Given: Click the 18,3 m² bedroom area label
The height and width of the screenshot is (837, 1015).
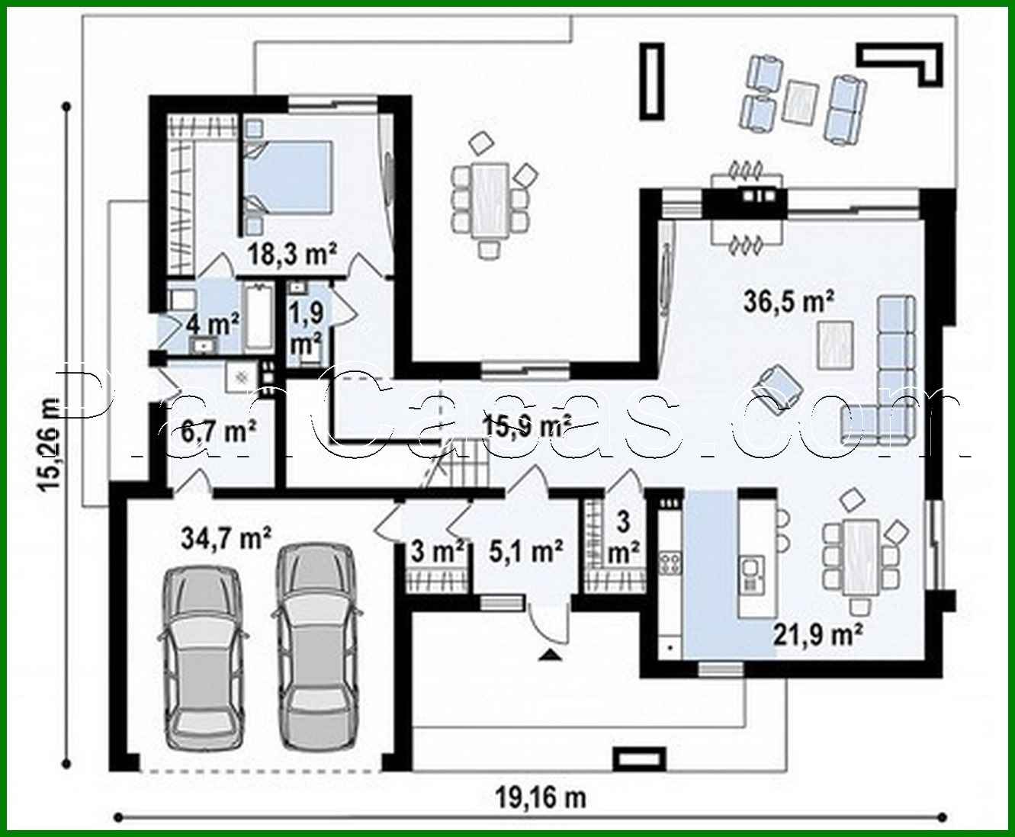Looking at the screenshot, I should click(x=293, y=254).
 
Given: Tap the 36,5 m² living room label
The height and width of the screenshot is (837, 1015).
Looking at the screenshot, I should click(x=788, y=301).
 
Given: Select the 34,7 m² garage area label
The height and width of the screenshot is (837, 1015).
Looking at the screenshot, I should click(x=226, y=538).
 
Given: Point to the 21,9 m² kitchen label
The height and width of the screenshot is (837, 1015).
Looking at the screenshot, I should click(x=818, y=633).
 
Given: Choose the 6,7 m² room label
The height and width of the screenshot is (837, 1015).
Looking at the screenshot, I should click(x=218, y=431).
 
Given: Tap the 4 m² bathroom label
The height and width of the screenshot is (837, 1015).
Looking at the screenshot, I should click(x=213, y=323).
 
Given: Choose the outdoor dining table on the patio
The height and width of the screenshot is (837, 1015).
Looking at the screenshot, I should click(x=490, y=200).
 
